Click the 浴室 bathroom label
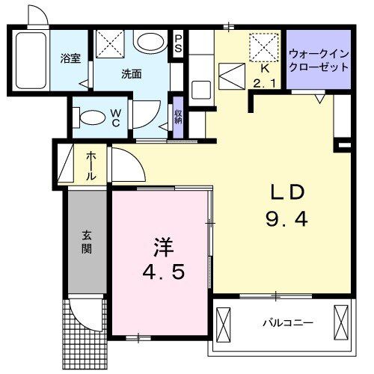(71, 59)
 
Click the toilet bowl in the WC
(92, 117)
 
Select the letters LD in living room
(287, 193)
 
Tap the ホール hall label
(90, 165)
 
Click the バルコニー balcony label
(287, 323)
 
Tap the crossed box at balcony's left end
(226, 323)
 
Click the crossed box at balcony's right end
(341, 323)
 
